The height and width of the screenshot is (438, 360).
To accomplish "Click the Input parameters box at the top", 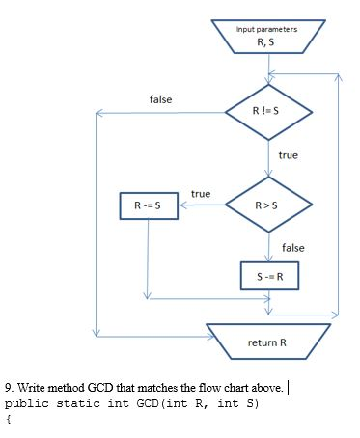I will [270, 36].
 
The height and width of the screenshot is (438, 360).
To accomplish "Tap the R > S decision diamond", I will [269, 205].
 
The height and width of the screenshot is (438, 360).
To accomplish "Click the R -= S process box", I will [147, 205].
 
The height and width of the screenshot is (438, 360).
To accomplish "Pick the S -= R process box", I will [270, 276].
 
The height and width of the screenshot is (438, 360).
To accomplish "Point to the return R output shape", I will [268, 342].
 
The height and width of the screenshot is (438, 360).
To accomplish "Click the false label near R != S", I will [161, 100].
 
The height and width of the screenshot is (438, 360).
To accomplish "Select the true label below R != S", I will [288, 154].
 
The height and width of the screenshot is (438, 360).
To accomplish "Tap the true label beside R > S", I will [201, 194].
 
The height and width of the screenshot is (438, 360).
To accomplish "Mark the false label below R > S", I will [292, 248].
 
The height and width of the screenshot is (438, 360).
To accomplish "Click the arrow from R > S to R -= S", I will [200, 205].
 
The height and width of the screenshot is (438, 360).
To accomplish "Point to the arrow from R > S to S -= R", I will [270, 246].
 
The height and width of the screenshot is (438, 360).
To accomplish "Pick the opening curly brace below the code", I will [8, 419].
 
